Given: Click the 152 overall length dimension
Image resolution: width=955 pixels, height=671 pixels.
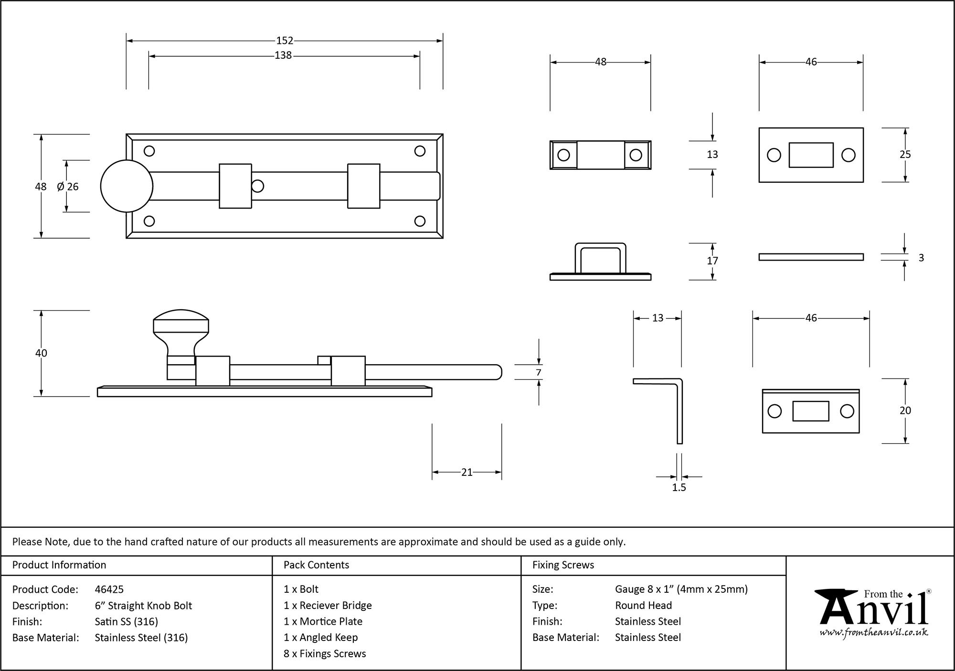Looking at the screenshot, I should [285, 41].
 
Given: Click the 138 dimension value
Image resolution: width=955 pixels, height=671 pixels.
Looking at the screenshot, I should [283, 56].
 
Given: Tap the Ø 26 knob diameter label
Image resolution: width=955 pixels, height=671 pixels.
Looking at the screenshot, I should [68, 187].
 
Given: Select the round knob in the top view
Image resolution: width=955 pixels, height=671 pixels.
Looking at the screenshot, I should [127, 186].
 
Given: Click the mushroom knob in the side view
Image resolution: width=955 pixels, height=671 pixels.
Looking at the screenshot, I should [181, 329].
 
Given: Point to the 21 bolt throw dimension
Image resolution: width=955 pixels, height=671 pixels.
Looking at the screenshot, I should [467, 472].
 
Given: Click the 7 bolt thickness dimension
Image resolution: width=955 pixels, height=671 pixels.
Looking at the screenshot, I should [539, 373].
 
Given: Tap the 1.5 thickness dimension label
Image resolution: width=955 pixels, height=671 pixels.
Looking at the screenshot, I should [679, 488].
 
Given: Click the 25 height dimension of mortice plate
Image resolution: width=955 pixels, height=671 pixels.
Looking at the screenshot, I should [905, 155].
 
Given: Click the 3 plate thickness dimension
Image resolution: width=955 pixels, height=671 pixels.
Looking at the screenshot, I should [921, 258].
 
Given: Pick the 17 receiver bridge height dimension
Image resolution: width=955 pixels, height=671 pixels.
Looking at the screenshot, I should [712, 261].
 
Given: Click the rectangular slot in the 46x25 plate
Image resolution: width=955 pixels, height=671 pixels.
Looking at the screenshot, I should [811, 155].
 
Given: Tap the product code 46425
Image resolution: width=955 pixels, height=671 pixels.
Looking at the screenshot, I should [109, 589].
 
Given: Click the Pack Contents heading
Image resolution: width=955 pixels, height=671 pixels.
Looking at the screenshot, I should [316, 565].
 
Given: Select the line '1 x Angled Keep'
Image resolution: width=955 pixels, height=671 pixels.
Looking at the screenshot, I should [320, 638].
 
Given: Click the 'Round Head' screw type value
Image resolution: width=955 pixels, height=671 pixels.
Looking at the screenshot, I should [643, 606].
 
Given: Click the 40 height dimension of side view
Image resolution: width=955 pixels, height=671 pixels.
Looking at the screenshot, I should [41, 353].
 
